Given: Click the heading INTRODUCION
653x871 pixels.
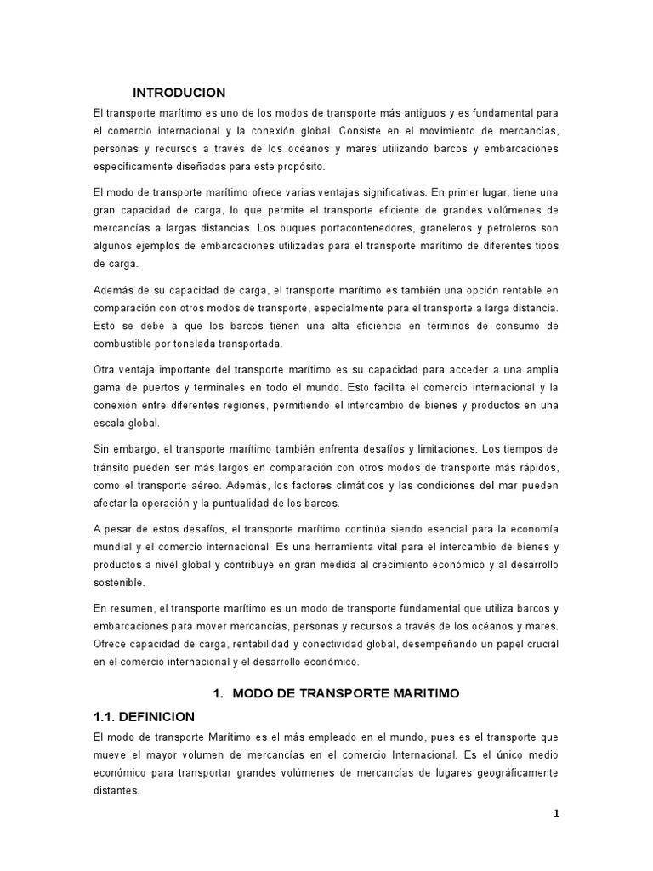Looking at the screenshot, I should (179, 93).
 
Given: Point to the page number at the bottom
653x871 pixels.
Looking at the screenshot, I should (556, 813).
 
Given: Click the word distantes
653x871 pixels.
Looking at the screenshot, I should (116, 790).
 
